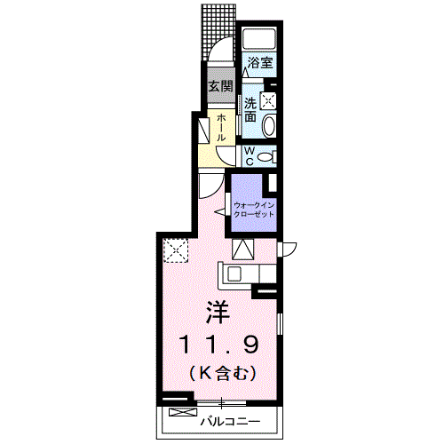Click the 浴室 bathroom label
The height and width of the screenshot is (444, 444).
[259, 63]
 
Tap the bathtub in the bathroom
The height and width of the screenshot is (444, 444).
[259, 38]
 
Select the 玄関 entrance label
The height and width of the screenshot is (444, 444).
[221, 87]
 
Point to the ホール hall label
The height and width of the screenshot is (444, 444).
[222, 128]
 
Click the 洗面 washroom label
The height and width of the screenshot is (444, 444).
[250, 110]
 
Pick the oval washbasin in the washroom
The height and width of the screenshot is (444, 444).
[269, 126]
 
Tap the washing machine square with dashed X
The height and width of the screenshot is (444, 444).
[268, 100]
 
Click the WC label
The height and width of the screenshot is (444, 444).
[250, 156]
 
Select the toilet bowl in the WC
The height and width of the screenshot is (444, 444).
[266, 156]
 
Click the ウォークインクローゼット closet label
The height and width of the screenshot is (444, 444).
[254, 210]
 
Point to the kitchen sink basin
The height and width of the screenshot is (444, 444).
[234, 274]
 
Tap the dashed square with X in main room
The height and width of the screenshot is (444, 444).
[176, 250]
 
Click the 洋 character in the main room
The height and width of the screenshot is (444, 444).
[218, 313]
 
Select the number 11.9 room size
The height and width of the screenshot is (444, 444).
[218, 345]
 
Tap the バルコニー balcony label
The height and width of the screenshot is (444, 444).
[231, 421]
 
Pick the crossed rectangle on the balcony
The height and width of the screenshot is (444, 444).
[183, 412]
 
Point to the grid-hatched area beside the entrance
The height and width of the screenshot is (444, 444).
[218, 28]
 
